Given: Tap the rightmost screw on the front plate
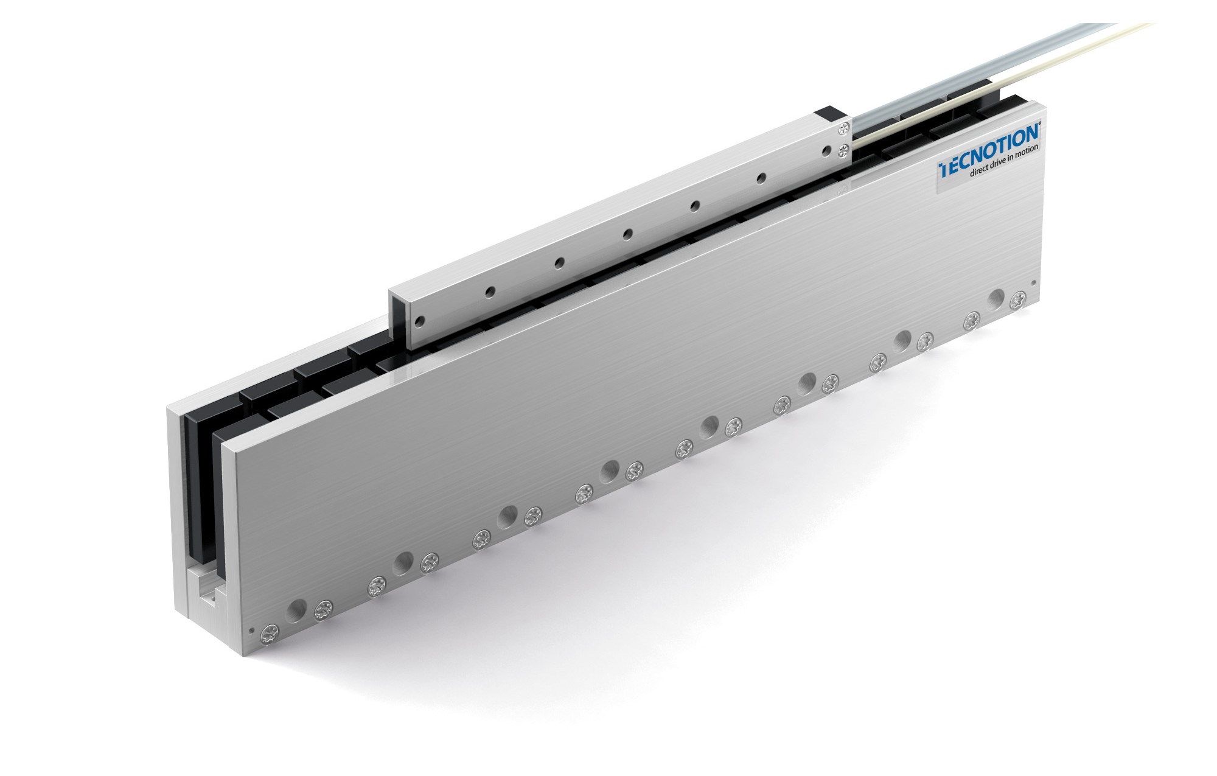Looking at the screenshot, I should pyautogui.click(x=1017, y=301).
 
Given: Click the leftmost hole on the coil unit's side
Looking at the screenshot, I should pyautogui.click(x=418, y=320).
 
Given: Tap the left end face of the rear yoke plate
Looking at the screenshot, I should pyautogui.click(x=173, y=505).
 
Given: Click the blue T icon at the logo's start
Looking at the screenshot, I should pyautogui.click(x=944, y=169).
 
